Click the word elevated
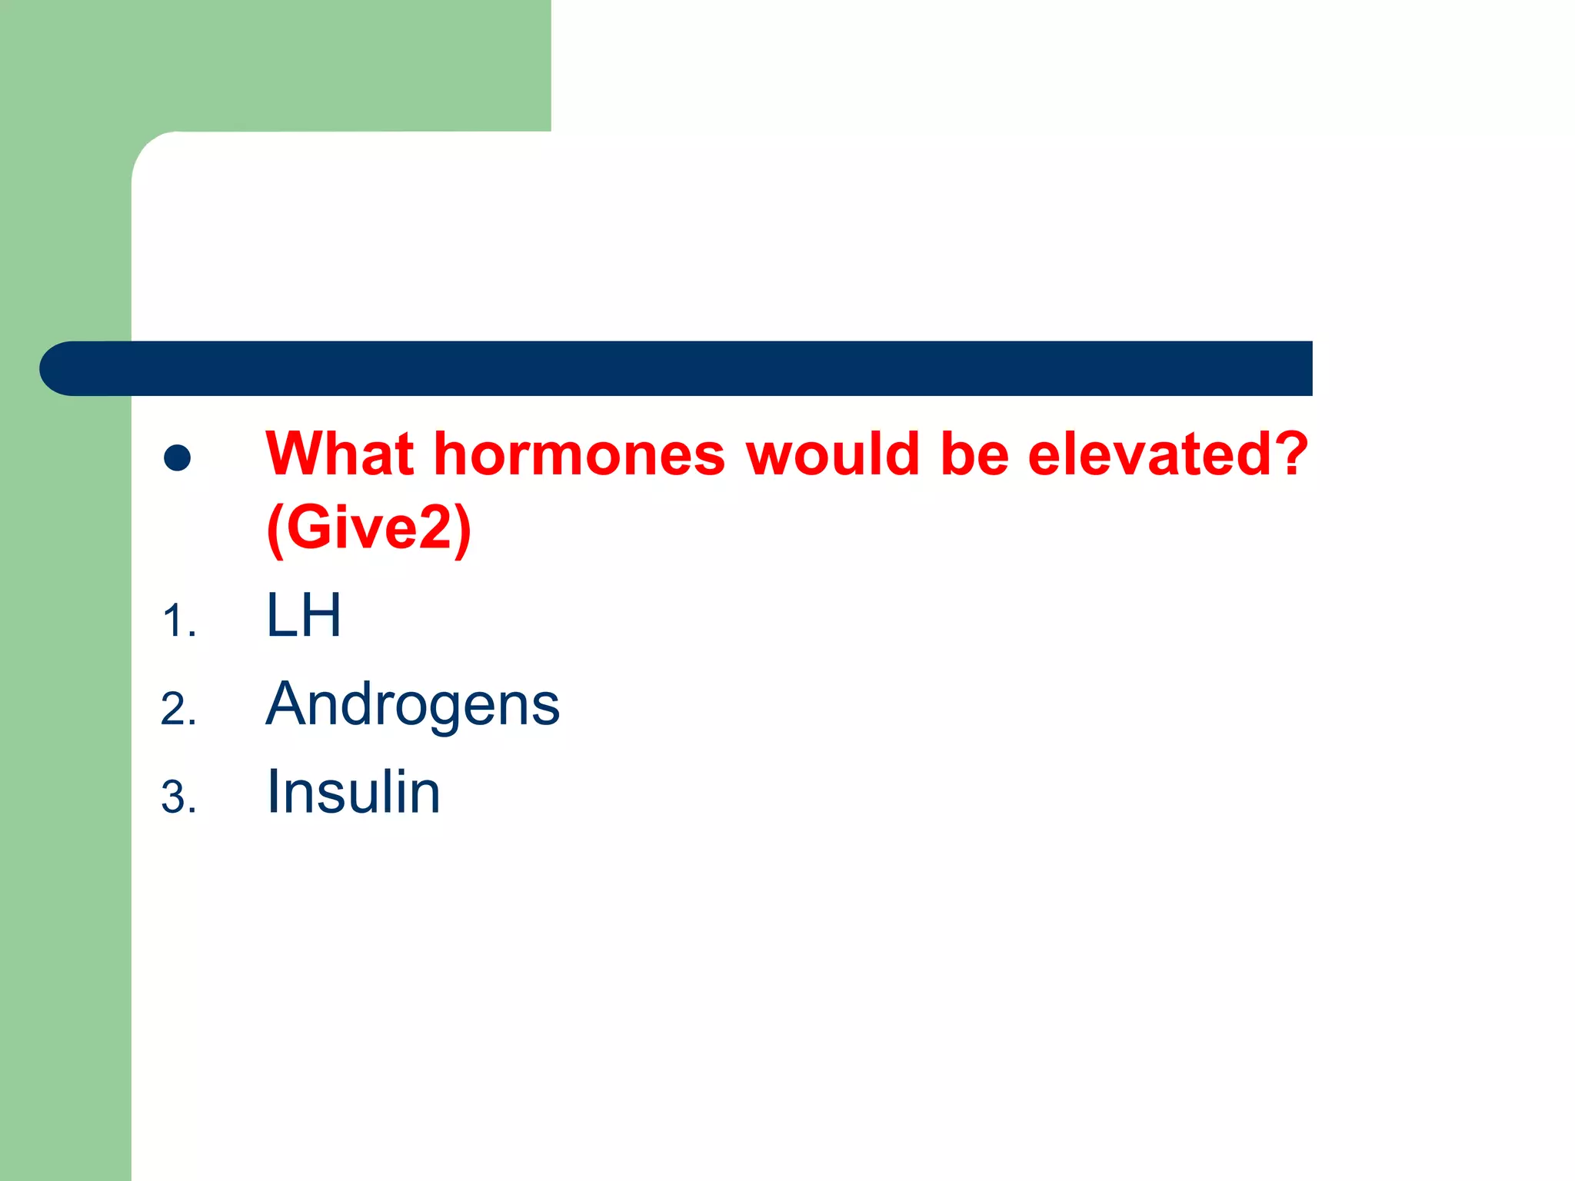[1143, 454]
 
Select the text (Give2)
[368, 528]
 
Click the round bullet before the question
[178, 458]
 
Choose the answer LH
[303, 616]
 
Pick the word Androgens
[412, 704]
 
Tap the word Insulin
[353, 792]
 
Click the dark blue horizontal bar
[692, 368]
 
